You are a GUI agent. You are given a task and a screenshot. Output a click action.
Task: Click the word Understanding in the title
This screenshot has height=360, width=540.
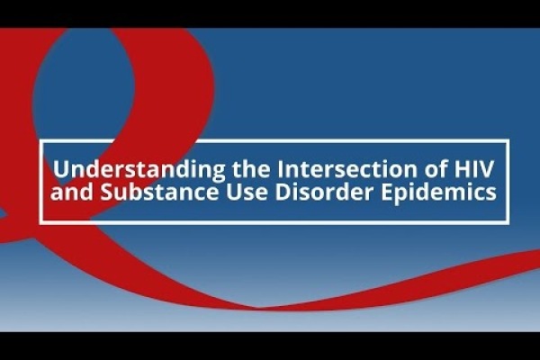click(139, 169)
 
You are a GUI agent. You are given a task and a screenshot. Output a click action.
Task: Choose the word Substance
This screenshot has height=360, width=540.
click(159, 192)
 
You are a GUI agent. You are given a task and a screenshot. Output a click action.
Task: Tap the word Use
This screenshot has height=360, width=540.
click(247, 193)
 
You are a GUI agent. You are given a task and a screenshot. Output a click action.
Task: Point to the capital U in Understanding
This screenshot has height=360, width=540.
click(60, 169)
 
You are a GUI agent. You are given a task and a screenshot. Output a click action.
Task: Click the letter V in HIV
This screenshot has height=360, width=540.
click(486, 169)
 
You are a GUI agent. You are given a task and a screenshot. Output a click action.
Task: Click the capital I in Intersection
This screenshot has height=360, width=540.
click(278, 169)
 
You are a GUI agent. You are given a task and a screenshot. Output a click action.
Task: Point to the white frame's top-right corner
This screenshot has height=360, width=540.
click(508, 140)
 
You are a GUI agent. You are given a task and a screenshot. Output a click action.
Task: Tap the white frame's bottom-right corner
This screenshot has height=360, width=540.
click(508, 223)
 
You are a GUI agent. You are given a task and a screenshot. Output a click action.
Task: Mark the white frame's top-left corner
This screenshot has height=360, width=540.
click(41, 140)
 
